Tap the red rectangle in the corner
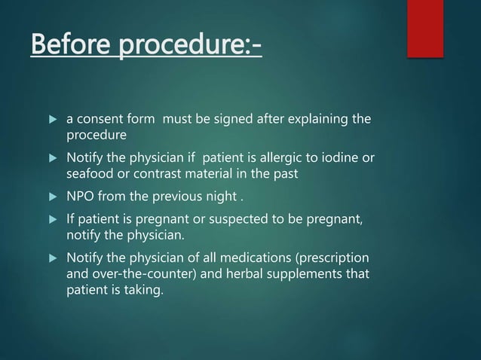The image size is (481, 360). tap(424, 28)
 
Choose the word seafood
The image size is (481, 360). tap(89, 173)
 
